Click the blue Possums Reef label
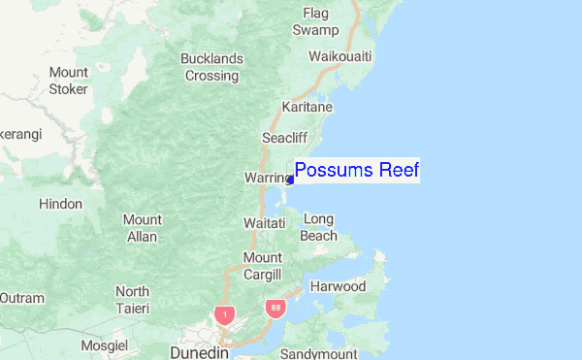356,171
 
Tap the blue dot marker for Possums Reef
291,180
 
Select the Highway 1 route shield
225,314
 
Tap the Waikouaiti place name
340,56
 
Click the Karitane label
307,107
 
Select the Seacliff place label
284,138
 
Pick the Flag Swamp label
316,21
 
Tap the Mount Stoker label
68,81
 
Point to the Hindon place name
60,205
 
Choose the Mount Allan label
142,228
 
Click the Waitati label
264,223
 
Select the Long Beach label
319,227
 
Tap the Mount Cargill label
262,265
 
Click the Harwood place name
338,286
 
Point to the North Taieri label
132,300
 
